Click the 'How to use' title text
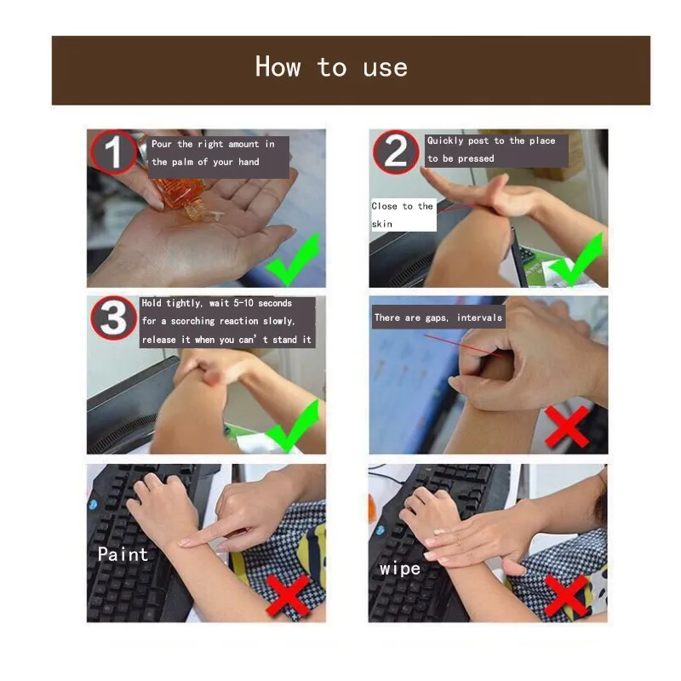331,67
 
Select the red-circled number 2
396,152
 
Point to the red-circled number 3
113,319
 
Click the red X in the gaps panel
569,425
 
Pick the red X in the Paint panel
288,594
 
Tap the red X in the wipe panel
566,594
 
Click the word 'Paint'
123,554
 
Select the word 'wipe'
400,568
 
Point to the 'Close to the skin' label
403,215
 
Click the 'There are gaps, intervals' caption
438,318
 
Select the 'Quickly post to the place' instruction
491,150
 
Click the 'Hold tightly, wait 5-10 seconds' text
227,322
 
